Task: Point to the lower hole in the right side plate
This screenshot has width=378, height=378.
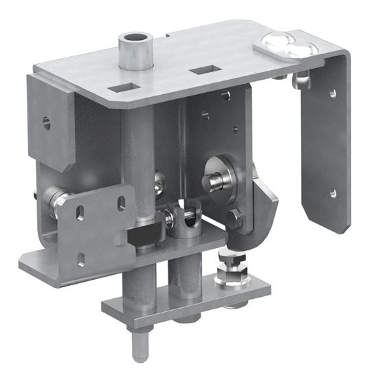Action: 333,192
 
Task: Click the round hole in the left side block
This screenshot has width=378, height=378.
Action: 45,122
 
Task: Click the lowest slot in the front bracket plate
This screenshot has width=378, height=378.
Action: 82,258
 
